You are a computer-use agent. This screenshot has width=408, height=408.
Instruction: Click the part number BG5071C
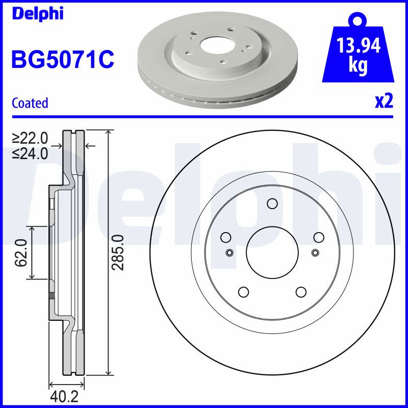(x=63, y=59)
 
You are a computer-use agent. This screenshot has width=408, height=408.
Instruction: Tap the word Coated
(x=30, y=103)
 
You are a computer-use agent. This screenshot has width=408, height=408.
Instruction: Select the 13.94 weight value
(x=359, y=45)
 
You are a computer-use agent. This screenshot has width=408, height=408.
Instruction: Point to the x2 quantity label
(x=384, y=101)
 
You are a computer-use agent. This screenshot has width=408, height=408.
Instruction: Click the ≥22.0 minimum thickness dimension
(x=30, y=138)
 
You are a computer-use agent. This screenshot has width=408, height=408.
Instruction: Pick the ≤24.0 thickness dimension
(x=30, y=154)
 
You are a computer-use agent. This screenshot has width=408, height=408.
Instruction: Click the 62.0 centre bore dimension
(x=21, y=253)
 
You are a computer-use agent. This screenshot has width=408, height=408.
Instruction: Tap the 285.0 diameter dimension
(x=117, y=252)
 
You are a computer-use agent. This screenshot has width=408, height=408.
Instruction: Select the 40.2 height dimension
(x=64, y=397)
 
